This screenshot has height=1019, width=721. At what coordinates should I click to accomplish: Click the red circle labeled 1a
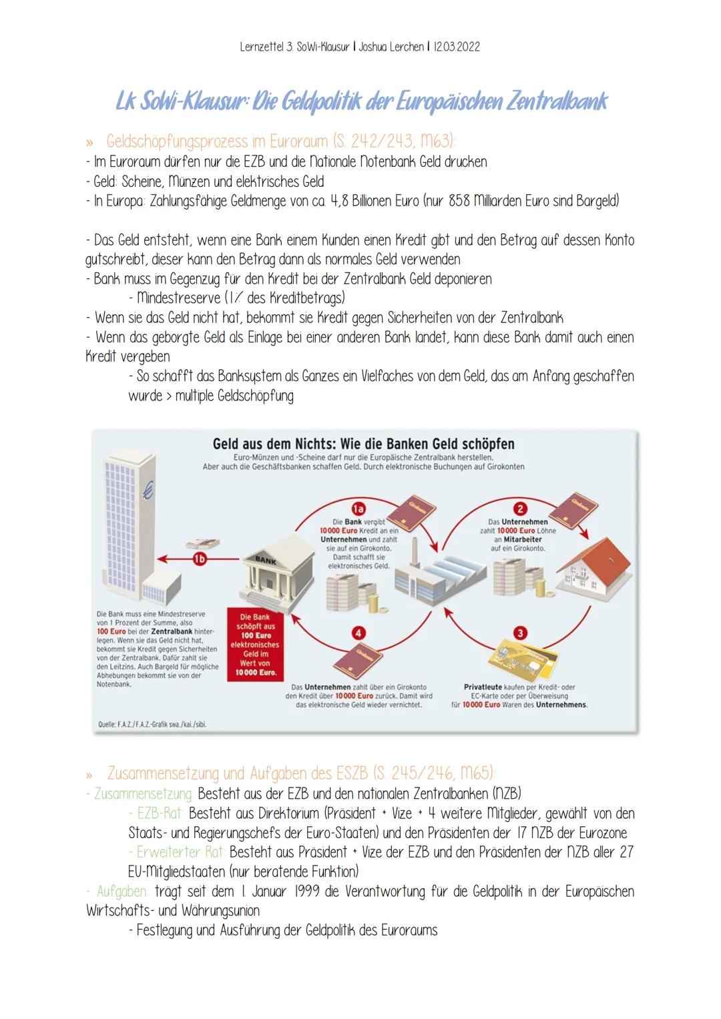pos(359,508)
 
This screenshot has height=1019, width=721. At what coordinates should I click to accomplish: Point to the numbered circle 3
pos(520,633)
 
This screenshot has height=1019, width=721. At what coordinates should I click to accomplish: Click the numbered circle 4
pos(359,633)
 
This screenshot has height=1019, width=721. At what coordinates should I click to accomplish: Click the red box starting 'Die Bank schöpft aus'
pos(254,645)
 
